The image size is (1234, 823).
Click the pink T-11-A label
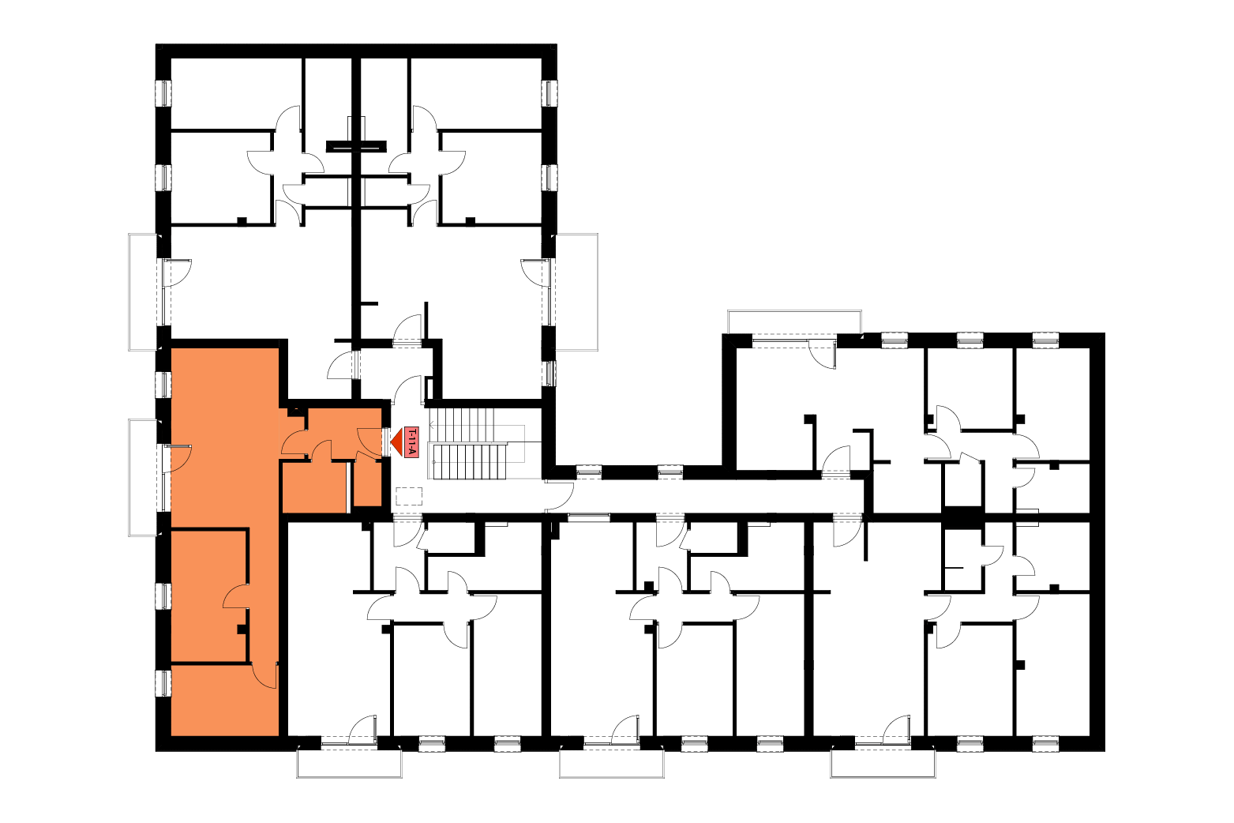411,442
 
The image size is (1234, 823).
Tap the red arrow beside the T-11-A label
397,442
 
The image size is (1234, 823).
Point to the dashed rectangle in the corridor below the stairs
409,496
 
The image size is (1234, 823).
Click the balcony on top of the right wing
794,321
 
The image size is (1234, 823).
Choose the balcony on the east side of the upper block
577,292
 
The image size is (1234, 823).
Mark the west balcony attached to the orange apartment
143,477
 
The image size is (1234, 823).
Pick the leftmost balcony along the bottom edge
349,763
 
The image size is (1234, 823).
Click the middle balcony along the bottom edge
612,763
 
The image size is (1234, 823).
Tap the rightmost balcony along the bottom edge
883,763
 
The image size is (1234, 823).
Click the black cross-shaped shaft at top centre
356,146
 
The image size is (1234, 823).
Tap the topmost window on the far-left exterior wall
163,93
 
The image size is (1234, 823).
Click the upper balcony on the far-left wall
143,292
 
